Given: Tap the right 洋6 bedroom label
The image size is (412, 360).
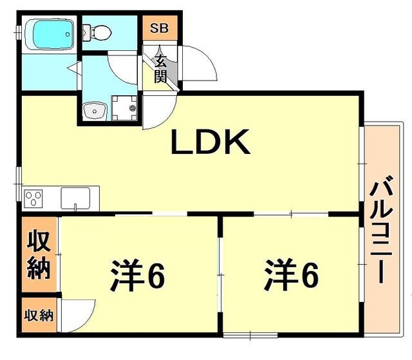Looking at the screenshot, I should coord(290,276).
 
